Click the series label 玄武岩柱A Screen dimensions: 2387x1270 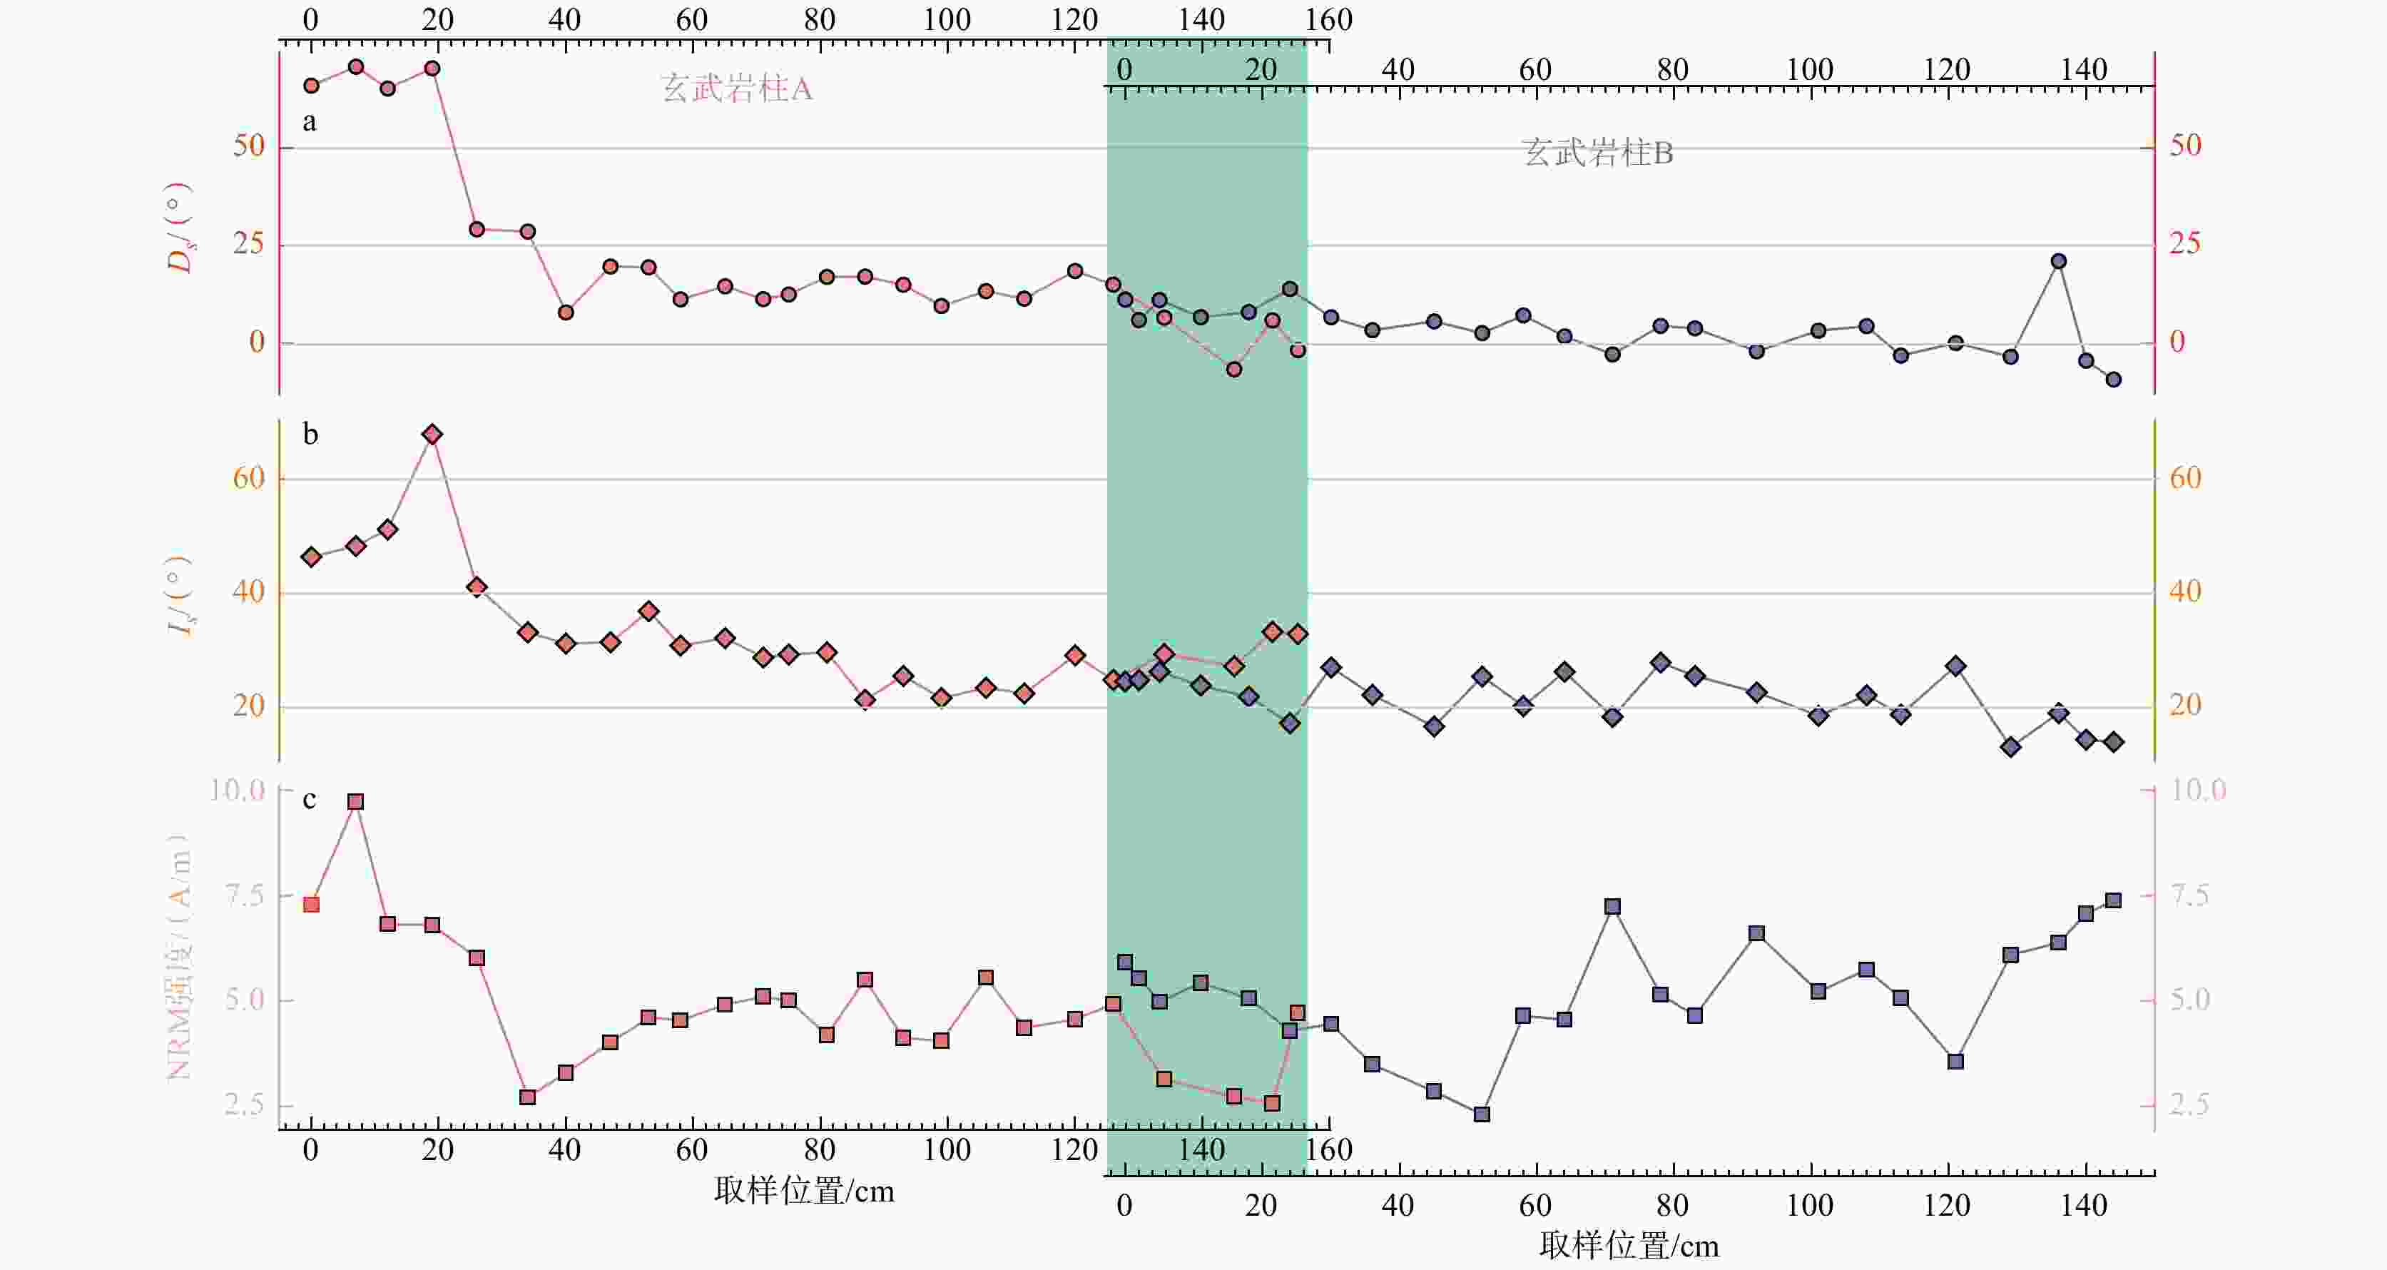737,89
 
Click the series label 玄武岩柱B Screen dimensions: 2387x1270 1597,153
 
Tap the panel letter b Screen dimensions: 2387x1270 310,433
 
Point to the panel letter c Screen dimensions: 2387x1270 310,799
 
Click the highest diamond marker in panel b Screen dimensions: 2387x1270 432,434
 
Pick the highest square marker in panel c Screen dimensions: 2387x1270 355,802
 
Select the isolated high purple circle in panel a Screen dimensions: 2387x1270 2059,261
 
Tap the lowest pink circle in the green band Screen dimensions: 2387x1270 1234,370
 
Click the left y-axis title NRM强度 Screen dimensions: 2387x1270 179,957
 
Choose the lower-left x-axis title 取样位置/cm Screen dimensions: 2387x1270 804,1190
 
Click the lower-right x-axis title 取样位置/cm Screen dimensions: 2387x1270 1629,1246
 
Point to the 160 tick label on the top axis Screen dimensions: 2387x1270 1329,19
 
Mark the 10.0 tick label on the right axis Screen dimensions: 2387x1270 2198,790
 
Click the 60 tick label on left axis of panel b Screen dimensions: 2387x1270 248,478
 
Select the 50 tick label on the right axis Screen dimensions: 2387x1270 2186,146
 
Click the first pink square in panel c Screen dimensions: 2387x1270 311,905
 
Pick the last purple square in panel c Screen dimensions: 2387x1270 2114,901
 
